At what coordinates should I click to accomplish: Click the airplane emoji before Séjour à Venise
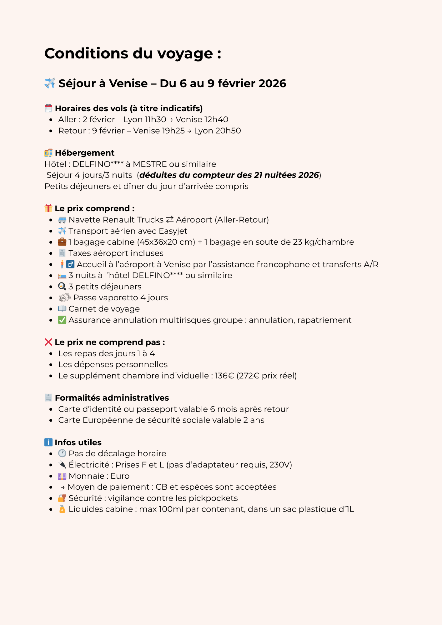coord(50,83)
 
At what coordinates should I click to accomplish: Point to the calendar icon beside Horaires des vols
coord(48,108)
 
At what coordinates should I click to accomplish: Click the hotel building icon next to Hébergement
coord(48,153)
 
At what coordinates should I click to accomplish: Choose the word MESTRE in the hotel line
coord(150,164)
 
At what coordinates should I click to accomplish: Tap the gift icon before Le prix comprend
coord(48,208)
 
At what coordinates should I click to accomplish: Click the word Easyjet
coord(173,231)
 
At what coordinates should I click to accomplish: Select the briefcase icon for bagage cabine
coord(62,242)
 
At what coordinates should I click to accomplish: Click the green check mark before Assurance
coord(62,320)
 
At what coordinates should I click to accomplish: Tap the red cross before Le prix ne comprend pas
coord(48,342)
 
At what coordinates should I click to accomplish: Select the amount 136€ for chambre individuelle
coord(224,376)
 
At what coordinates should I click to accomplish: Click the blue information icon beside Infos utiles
coord(48,442)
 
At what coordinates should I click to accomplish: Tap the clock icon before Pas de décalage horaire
coord(62,453)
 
